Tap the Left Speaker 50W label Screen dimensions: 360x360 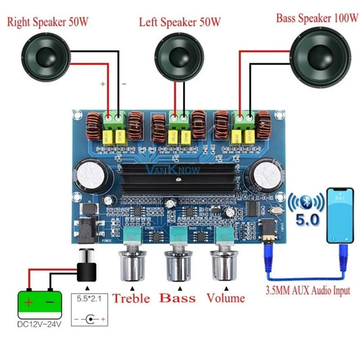pos(180,22)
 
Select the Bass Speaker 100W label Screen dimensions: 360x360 pos(317,18)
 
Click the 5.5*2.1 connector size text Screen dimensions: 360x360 pos(87,297)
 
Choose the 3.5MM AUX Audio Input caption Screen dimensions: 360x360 pos(307,292)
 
